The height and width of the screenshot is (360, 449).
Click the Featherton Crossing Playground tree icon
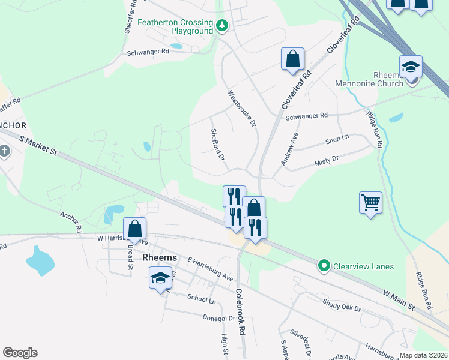(223, 25)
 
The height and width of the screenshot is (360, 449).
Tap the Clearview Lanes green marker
(324, 265)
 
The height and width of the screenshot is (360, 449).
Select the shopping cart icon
(370, 202)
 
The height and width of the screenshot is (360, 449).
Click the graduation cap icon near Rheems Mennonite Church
(411, 67)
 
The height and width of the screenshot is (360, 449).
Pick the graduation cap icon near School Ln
(160, 278)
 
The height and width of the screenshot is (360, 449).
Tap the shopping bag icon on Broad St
(135, 229)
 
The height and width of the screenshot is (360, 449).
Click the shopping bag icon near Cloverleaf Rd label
(292, 59)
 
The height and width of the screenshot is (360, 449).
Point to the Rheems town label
(160, 257)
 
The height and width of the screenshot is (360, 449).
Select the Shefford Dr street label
(217, 145)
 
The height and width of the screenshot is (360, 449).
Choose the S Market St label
(37, 146)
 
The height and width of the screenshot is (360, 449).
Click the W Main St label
(399, 299)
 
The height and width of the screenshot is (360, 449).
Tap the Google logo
(20, 353)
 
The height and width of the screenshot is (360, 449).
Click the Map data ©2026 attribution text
(423, 355)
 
